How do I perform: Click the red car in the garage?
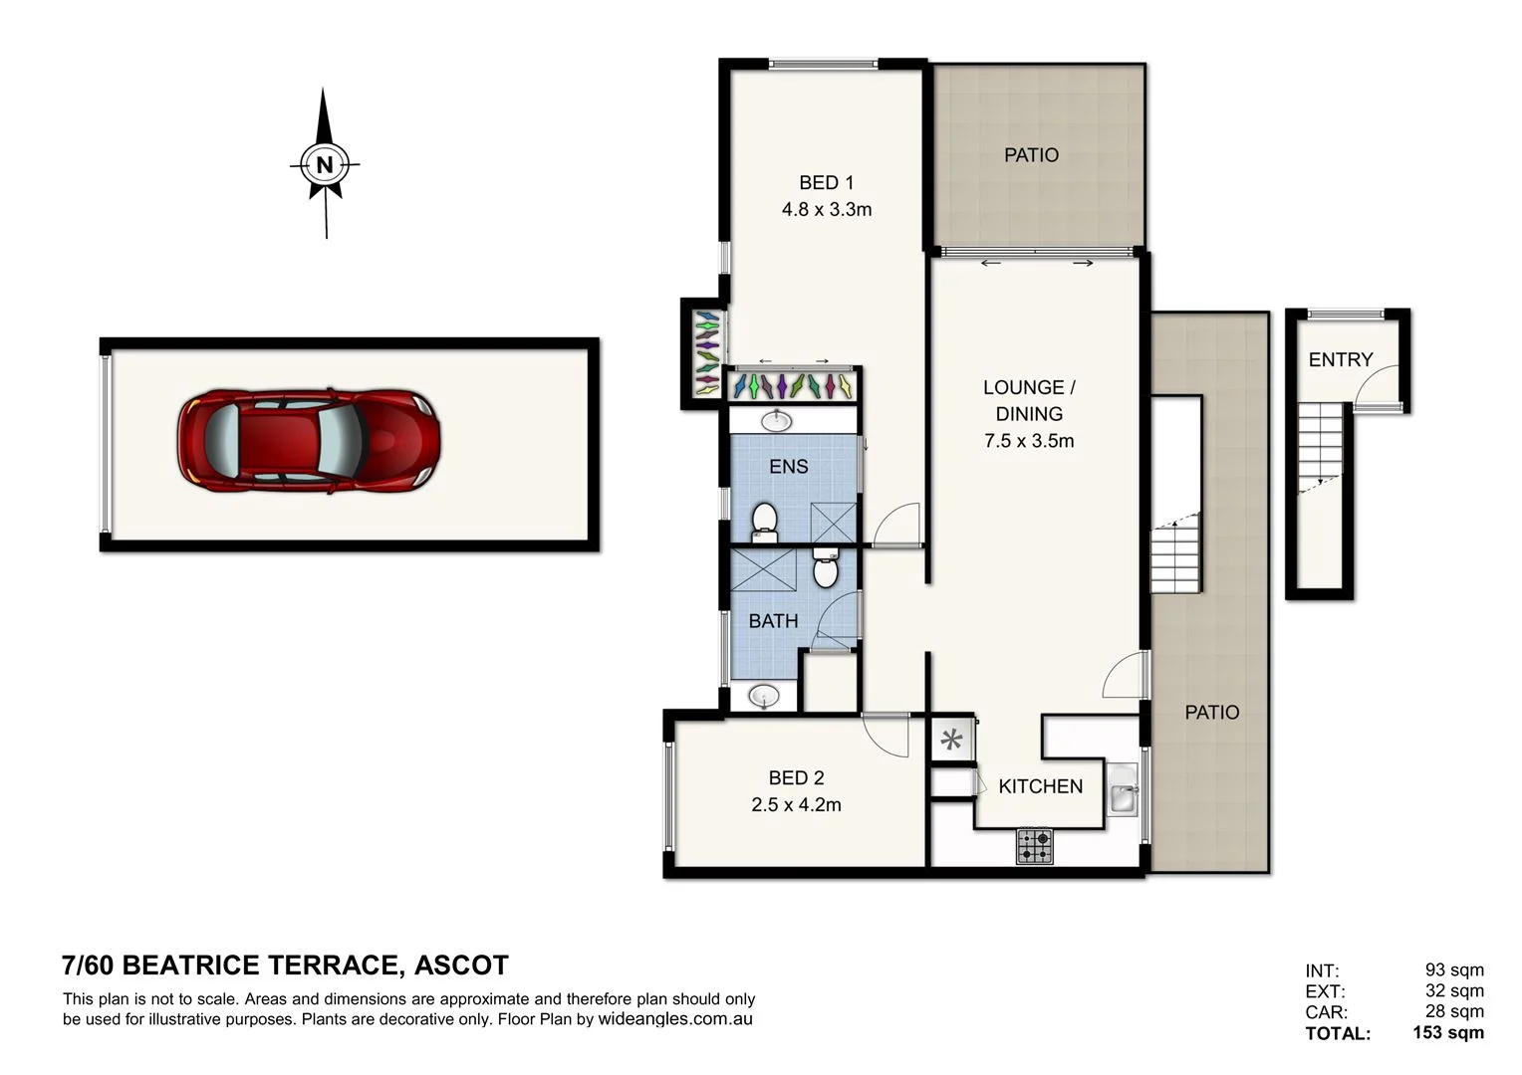tap(309, 441)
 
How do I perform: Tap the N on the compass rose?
tap(324, 164)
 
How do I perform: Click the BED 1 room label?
tap(826, 182)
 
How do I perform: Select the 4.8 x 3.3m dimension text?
tap(826, 209)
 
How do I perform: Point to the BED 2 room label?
tap(796, 777)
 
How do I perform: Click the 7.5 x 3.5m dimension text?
tap(1029, 441)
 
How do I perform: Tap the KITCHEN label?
tap(1040, 786)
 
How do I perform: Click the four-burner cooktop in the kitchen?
tap(1034, 847)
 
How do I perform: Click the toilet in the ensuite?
tap(764, 521)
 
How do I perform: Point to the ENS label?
tap(788, 466)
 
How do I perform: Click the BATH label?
tap(773, 621)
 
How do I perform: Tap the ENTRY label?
tap(1340, 359)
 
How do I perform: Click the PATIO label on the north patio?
tap(1031, 155)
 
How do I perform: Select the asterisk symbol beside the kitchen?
tap(952, 740)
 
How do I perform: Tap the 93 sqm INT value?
tap(1453, 969)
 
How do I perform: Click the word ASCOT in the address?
tap(461, 966)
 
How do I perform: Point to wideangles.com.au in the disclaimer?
tap(674, 1019)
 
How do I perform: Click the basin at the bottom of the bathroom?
tap(764, 695)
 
